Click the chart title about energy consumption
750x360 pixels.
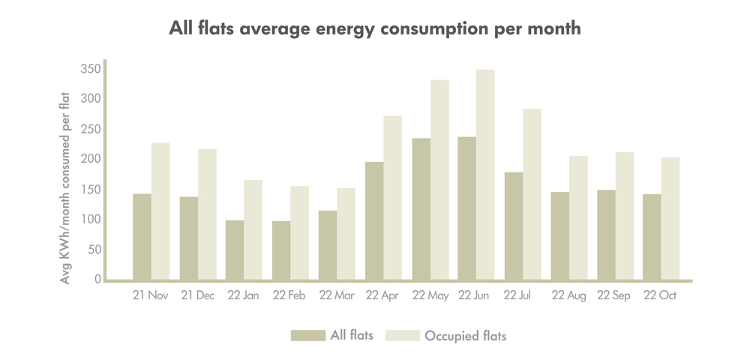point(375,29)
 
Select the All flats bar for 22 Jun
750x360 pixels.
point(467,208)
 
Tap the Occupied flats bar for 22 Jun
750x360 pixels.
point(485,175)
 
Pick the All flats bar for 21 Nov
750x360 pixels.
point(142,237)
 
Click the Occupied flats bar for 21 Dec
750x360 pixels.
point(207,214)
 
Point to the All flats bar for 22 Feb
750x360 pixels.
point(281,250)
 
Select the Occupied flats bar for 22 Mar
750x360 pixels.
point(346,234)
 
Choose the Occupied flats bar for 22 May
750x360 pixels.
point(439,180)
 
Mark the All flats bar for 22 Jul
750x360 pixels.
point(514,226)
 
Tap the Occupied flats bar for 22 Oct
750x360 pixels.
point(670,218)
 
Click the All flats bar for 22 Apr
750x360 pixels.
point(374,220)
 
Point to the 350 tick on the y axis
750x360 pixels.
point(90,69)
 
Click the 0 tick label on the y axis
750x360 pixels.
point(97,280)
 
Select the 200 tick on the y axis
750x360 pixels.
point(90,159)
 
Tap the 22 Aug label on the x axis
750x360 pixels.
point(568,296)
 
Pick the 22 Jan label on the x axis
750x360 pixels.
point(244,296)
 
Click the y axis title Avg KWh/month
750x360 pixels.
point(65,187)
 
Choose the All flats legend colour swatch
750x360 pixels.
point(308,335)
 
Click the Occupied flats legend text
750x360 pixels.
point(465,335)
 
